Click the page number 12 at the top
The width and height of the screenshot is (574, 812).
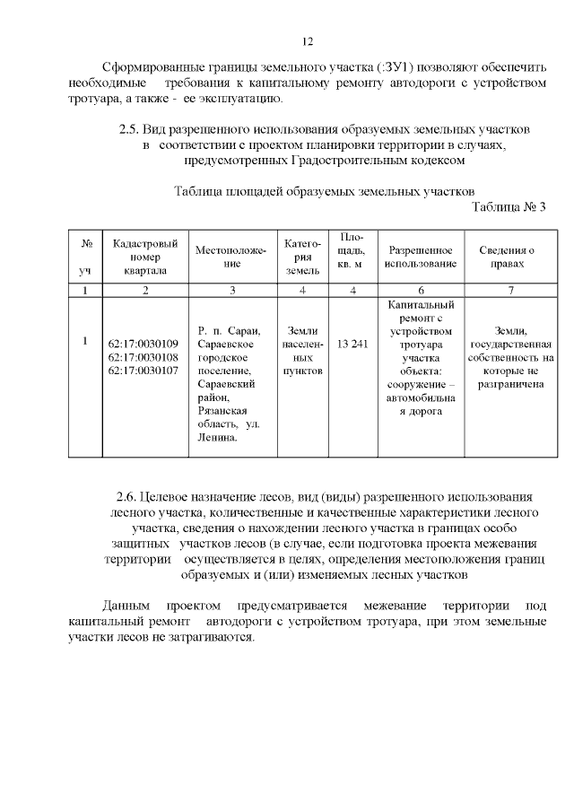307,41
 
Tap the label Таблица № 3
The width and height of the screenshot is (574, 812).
509,207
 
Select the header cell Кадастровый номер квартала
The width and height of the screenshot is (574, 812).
143,257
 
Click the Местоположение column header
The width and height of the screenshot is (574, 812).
231,257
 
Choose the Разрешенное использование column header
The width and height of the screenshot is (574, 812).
421,257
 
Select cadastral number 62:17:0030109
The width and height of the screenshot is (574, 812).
143,344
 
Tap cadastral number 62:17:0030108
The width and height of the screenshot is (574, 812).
143,357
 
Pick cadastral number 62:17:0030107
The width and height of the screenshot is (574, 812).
143,370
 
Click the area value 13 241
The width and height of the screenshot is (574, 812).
352,344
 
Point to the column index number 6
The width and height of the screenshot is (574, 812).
421,290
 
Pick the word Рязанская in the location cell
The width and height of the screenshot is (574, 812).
222,410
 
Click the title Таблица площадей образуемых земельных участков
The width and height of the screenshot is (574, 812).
322,191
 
